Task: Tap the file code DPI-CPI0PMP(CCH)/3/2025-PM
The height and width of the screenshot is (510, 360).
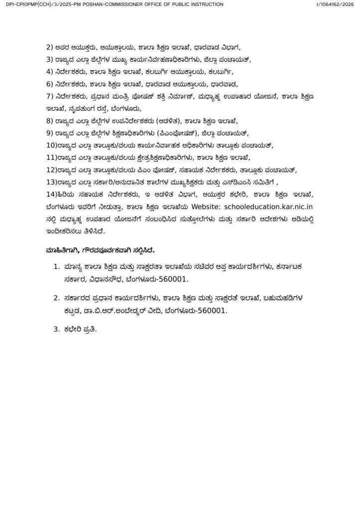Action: (x=33, y=4)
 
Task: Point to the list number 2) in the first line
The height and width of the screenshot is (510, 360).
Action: (x=49, y=48)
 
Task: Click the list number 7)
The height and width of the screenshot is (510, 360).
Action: (x=49, y=96)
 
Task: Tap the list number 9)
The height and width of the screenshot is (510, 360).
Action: (x=49, y=132)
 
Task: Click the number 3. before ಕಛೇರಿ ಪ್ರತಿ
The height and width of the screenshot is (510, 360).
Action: (x=56, y=329)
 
